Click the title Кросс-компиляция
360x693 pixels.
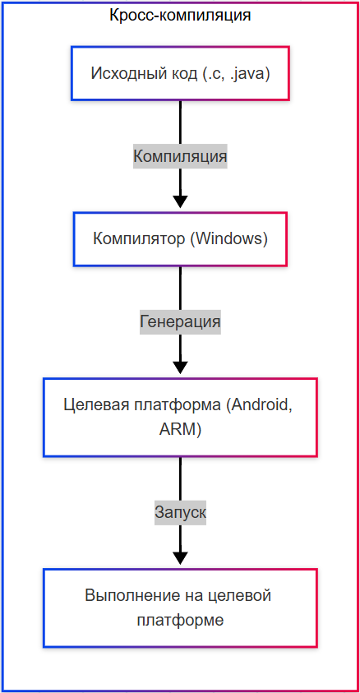pyautogui.click(x=180, y=15)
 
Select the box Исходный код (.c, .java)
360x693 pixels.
pyautogui.click(x=180, y=73)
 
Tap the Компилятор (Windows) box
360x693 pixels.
pyautogui.click(x=180, y=239)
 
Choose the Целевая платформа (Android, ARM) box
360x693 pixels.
pyautogui.click(x=180, y=417)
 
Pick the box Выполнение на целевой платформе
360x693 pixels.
pyautogui.click(x=180, y=608)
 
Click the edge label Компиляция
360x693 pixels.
pyautogui.click(x=180, y=155)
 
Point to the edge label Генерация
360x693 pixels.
pyautogui.click(x=180, y=321)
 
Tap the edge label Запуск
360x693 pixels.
pyautogui.click(x=180, y=512)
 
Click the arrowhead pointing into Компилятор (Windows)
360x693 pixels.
pyautogui.click(x=180, y=201)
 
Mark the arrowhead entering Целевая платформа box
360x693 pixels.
pyautogui.click(x=180, y=367)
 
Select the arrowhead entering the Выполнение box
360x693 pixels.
pyautogui.click(x=180, y=558)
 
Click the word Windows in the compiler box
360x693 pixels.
pyautogui.click(x=229, y=239)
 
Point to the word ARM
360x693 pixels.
pyautogui.click(x=180, y=429)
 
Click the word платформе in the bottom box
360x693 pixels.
pyautogui.click(x=180, y=620)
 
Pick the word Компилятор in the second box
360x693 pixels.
pyautogui.click(x=134, y=239)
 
